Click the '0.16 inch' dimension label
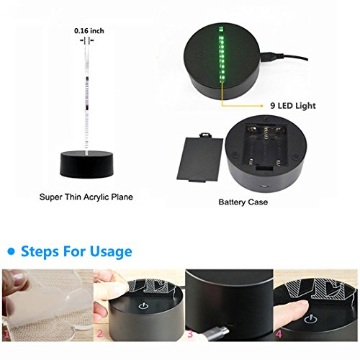click(89, 31)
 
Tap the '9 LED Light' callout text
click(293, 106)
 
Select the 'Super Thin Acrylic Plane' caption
click(86, 197)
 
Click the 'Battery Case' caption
click(243, 202)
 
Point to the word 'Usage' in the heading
click(111, 252)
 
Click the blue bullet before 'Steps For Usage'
click(12, 251)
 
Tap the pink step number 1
click(6, 334)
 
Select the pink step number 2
click(100, 333)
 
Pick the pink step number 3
click(190, 333)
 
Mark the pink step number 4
click(279, 334)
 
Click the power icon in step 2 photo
click(142, 306)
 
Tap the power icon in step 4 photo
click(310, 320)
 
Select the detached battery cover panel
click(199, 157)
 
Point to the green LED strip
click(222, 55)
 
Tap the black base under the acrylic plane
click(86, 163)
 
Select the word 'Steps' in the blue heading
click(40, 252)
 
